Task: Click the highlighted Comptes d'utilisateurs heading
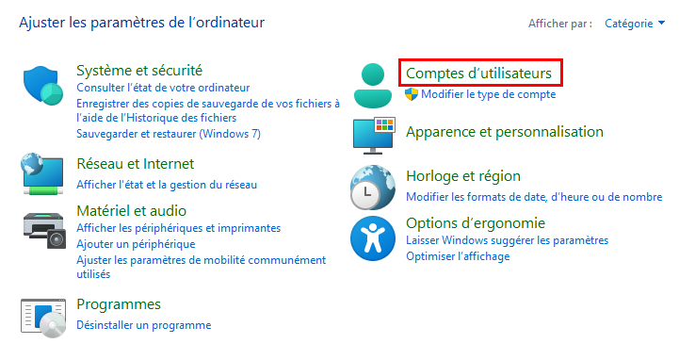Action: tap(478, 74)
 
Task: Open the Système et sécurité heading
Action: tap(139, 70)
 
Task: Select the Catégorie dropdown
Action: tap(635, 24)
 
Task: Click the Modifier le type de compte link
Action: tap(488, 94)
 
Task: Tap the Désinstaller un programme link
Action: tap(143, 325)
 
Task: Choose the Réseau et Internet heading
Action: tap(136, 164)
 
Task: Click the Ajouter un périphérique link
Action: tap(136, 244)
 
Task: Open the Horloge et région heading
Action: tap(463, 176)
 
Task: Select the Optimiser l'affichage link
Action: tap(458, 256)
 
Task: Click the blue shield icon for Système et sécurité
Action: tap(43, 86)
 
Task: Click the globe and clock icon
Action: tap(372, 188)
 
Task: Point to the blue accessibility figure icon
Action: tap(372, 238)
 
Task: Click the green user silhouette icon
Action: tap(372, 86)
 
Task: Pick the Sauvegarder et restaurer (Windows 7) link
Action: tap(169, 134)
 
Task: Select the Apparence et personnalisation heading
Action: tap(505, 132)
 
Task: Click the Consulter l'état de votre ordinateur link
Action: tap(163, 88)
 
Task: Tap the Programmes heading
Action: tap(119, 304)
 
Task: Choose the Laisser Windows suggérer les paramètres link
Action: tap(507, 240)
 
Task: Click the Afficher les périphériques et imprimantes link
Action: tap(179, 228)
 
